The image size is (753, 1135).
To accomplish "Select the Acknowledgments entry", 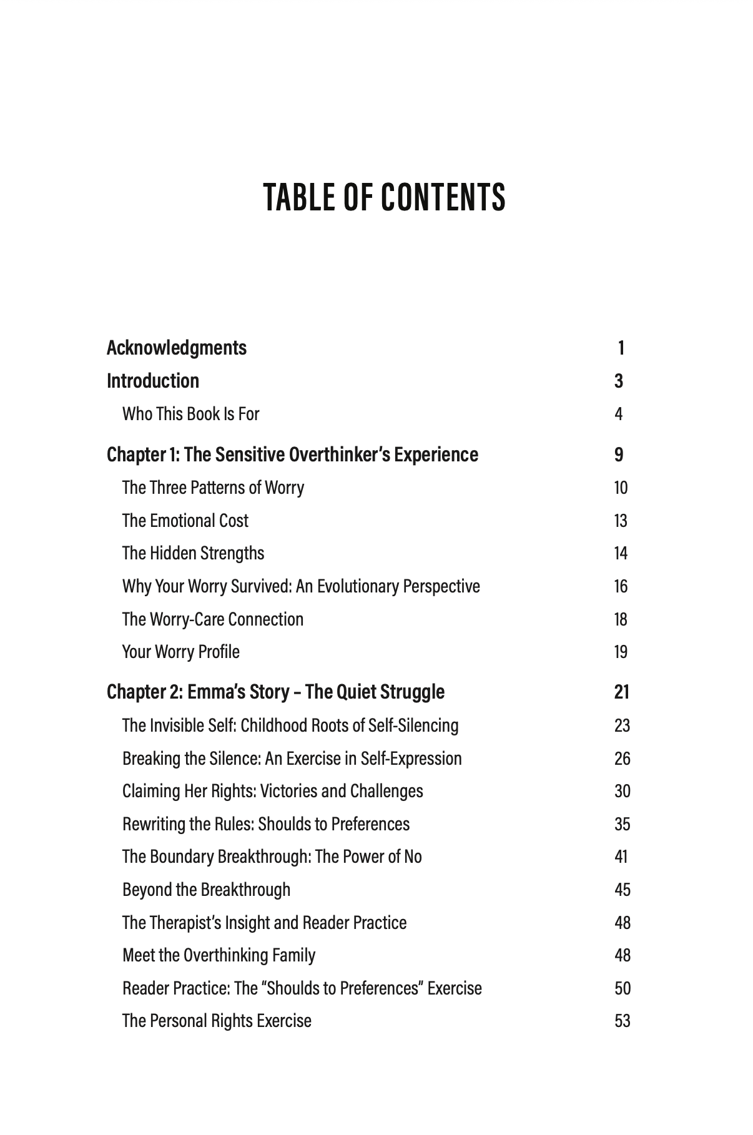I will click(x=177, y=348).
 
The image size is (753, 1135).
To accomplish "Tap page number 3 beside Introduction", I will click(x=619, y=381).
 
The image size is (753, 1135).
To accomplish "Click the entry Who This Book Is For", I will click(x=190, y=414).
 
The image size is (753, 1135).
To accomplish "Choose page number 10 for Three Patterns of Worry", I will click(x=621, y=488).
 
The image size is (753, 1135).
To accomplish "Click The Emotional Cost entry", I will click(x=185, y=521).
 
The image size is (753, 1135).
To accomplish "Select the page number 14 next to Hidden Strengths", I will click(x=621, y=554).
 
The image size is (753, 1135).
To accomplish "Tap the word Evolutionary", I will click(x=357, y=587).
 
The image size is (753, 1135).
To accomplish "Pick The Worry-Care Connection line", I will click(x=213, y=619).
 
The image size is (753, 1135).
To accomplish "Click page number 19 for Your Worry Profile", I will click(x=621, y=652).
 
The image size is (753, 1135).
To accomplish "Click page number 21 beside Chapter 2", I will click(x=621, y=692).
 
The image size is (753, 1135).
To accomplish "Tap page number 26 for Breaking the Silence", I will click(x=622, y=759).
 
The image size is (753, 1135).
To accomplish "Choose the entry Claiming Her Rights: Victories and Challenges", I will click(x=272, y=791).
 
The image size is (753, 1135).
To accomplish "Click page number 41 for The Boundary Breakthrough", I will click(x=621, y=857).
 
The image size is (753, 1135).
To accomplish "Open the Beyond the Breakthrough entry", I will click(x=206, y=890).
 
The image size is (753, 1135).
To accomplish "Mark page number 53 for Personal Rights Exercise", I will click(x=622, y=1021).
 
